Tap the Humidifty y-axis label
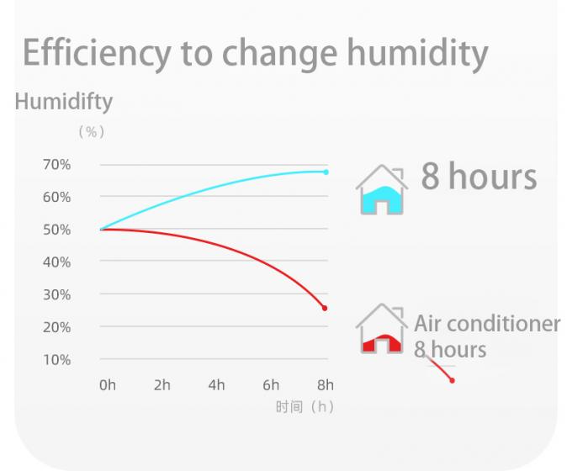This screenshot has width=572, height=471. tap(63, 102)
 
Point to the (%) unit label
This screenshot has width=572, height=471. tap(91, 132)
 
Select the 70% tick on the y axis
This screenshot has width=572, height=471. tap(56, 164)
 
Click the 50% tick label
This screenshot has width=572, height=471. tap(56, 230)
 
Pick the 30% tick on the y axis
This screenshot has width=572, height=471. tap(56, 294)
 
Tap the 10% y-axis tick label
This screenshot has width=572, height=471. tap(56, 359)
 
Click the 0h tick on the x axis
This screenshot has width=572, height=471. tap(108, 385)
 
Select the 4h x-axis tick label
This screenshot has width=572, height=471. tap(216, 385)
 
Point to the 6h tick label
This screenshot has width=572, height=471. tap(271, 385)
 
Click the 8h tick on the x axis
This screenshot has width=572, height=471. tap(325, 385)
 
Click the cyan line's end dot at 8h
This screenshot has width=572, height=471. tap(326, 172)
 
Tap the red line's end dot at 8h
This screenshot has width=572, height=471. tap(325, 308)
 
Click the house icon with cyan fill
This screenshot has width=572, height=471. tap(382, 190)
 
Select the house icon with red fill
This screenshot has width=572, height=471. tap(382, 330)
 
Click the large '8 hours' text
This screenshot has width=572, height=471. tap(479, 177)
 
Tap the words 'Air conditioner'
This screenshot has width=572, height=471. tap(487, 324)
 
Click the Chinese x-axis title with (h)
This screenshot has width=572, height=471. tap(305, 407)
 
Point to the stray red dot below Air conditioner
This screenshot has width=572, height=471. tap(452, 380)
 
